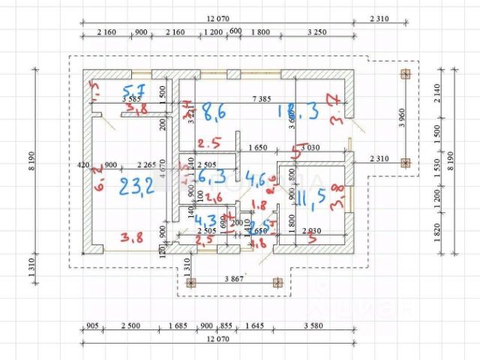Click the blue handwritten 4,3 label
point(206,221)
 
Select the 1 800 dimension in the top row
point(261,33)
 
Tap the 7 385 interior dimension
point(261,98)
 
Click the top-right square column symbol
point(406,73)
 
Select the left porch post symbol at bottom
point(190,283)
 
